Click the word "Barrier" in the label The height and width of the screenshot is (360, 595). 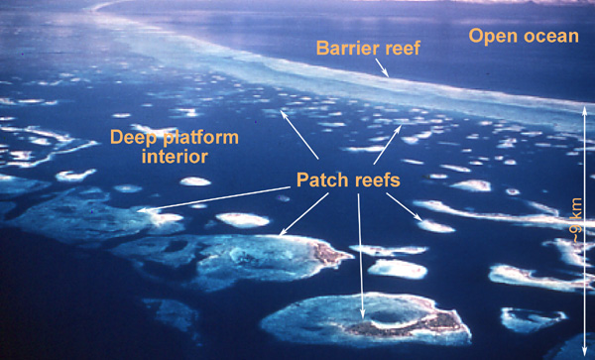343,48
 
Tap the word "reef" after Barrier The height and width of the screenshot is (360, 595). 401,48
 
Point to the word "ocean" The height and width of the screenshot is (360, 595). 549,36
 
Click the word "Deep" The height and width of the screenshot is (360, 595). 134,136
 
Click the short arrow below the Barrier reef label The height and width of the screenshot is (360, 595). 382,68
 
